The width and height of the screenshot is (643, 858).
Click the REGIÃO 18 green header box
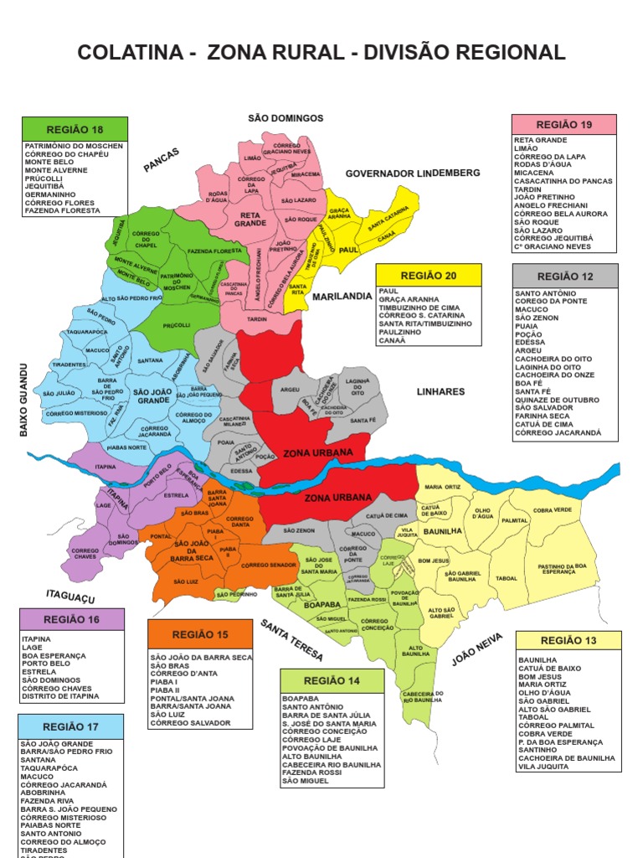click(75, 129)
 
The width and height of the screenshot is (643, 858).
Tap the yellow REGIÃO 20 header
click(429, 276)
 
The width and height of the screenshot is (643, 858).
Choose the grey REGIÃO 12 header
click(565, 276)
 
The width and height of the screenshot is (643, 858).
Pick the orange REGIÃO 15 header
click(200, 634)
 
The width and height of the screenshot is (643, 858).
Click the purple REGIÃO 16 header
click(71, 620)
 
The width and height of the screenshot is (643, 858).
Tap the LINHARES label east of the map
click(440, 391)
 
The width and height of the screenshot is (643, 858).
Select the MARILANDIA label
click(342, 297)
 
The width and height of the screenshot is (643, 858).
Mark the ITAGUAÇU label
click(70, 596)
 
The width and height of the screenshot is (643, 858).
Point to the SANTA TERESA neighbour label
click(291, 642)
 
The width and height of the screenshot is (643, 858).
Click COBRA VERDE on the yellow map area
click(552, 509)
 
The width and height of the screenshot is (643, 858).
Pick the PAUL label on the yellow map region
click(348, 250)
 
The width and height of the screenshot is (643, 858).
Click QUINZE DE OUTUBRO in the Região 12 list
click(557, 400)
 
